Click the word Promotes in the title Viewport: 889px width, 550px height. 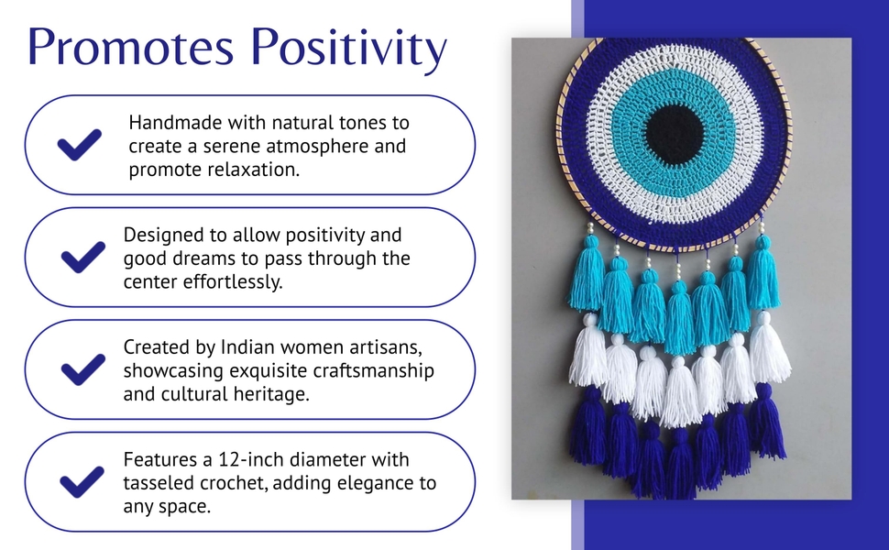[130, 47]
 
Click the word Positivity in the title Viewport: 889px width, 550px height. [348, 49]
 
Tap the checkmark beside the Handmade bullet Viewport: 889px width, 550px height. [80, 145]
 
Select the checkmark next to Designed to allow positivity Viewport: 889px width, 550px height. [82, 257]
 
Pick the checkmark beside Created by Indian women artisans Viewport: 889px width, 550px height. [82, 369]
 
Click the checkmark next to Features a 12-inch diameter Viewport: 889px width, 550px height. [82, 481]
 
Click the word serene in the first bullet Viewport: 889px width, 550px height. [232, 147]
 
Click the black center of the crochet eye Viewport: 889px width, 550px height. [675, 135]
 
